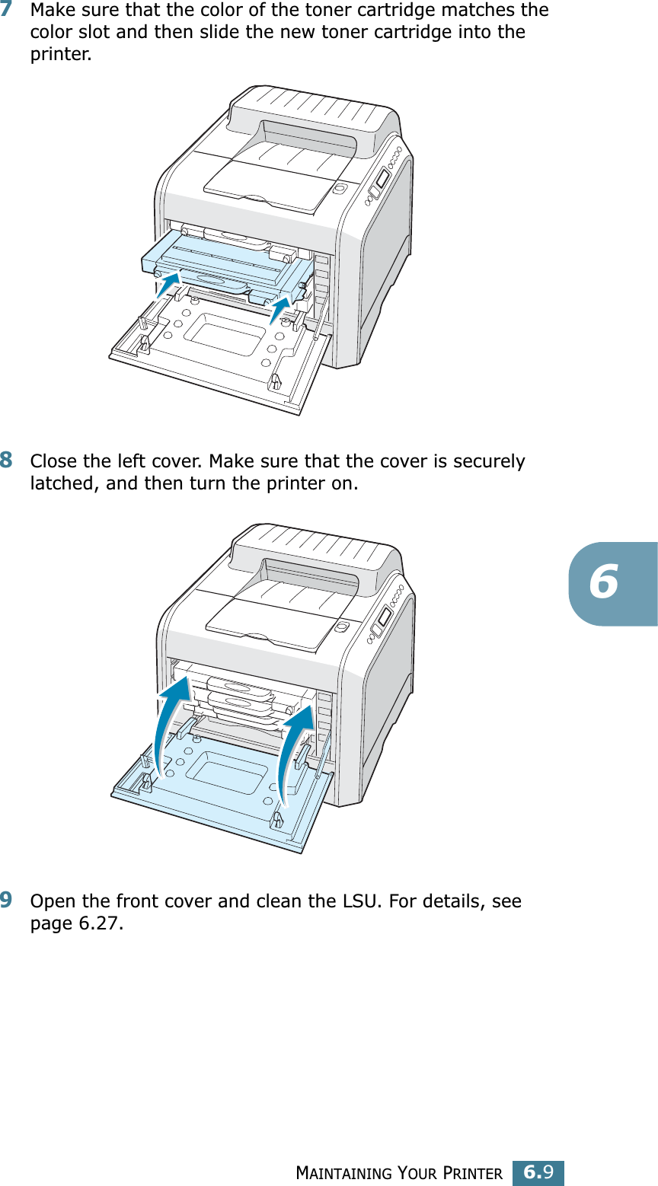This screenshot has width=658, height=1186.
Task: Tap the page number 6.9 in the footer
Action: tap(538, 1172)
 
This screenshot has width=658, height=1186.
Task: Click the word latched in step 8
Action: tap(62, 483)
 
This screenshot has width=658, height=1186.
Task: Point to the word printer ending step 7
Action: tap(58, 56)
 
